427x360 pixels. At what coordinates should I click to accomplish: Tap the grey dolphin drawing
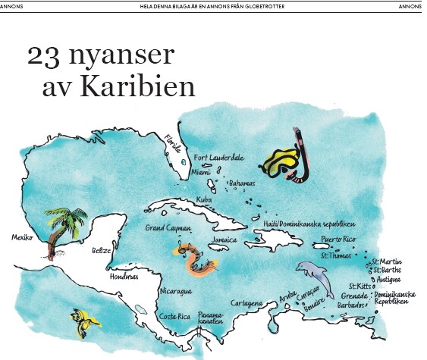click(312, 274)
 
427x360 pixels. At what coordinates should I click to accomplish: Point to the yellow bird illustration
click(86, 318)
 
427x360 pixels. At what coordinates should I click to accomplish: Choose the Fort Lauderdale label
click(219, 158)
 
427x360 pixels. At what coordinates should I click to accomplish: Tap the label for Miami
click(201, 172)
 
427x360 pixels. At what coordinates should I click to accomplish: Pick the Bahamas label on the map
click(242, 183)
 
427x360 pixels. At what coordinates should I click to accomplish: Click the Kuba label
click(204, 199)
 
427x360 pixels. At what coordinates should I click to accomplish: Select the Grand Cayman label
click(168, 227)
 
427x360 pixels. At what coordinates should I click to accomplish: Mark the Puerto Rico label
click(338, 239)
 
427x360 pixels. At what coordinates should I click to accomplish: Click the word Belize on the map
click(101, 250)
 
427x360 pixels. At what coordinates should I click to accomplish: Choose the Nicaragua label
click(175, 291)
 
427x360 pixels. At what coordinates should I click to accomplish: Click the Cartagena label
click(246, 302)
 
